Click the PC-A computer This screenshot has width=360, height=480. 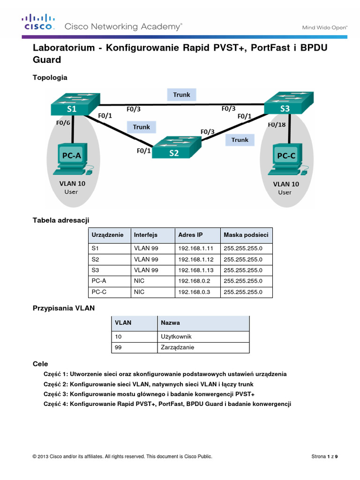[73, 159]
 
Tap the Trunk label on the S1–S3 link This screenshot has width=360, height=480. [181, 95]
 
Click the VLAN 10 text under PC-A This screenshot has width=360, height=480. [72, 184]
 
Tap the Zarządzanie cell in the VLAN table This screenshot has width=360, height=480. [177, 347]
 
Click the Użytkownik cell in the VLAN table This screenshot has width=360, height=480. [176, 337]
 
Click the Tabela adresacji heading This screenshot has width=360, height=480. [60, 219]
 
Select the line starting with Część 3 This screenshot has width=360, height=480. [149, 394]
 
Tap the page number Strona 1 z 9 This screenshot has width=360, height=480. [324, 457]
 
